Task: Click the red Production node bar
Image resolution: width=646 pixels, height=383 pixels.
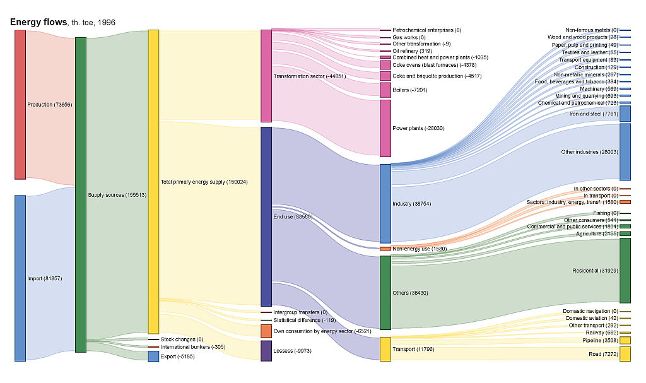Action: pyautogui.click(x=20, y=104)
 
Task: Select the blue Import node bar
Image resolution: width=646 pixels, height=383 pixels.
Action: pyautogui.click(x=20, y=278)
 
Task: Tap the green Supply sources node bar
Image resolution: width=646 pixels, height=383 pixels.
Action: pyautogui.click(x=81, y=194)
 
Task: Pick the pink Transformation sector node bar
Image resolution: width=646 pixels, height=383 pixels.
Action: pyautogui.click(x=266, y=76)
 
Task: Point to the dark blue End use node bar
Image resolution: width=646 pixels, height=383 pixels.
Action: pyautogui.click(x=266, y=216)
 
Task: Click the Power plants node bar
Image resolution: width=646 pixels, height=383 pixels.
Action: pyautogui.click(x=385, y=128)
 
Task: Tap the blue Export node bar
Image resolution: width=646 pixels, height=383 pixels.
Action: pyautogui.click(x=153, y=356)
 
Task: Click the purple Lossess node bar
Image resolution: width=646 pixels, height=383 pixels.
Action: pyautogui.click(x=266, y=351)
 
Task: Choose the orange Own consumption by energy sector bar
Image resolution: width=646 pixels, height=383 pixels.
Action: pyautogui.click(x=266, y=331)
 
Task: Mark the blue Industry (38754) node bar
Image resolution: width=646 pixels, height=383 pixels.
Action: pyautogui.click(x=385, y=204)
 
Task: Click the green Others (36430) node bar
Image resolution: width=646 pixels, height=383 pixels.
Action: pyautogui.click(x=385, y=293)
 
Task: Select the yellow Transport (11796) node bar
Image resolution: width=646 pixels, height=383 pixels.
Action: pyautogui.click(x=385, y=349)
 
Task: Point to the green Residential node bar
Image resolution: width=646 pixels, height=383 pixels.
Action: pyautogui.click(x=625, y=271)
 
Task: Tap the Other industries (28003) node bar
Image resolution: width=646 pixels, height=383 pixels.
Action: pyautogui.click(x=625, y=152)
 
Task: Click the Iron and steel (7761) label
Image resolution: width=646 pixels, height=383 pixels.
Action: pyautogui.click(x=594, y=114)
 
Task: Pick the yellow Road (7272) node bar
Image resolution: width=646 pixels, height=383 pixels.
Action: pyautogui.click(x=625, y=354)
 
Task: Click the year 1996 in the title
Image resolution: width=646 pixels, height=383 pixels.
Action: pyautogui.click(x=106, y=23)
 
